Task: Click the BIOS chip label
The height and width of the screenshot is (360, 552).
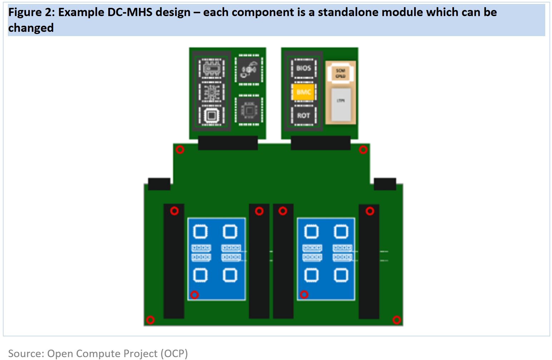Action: (303, 68)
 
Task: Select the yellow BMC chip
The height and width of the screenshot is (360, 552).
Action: (303, 92)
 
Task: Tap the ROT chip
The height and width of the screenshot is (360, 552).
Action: (303, 115)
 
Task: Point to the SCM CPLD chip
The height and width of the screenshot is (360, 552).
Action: (340, 73)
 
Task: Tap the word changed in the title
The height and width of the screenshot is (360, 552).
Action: (31, 28)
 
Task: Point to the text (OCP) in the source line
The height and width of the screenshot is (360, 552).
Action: (174, 353)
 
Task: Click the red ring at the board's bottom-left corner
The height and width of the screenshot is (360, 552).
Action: (150, 320)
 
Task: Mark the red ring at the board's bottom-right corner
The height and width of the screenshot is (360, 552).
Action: (397, 320)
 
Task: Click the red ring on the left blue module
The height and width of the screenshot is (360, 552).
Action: (194, 295)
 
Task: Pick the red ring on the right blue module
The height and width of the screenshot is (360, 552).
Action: (304, 294)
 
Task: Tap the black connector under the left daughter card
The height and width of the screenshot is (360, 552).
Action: (228, 143)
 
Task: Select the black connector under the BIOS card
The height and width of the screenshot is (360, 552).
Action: (320, 143)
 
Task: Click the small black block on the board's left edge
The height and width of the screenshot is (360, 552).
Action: (159, 184)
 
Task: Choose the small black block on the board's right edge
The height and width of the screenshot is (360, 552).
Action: (385, 184)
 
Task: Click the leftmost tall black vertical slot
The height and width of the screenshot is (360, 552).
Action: (174, 261)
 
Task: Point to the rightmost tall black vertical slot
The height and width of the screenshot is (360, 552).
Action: (369, 261)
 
